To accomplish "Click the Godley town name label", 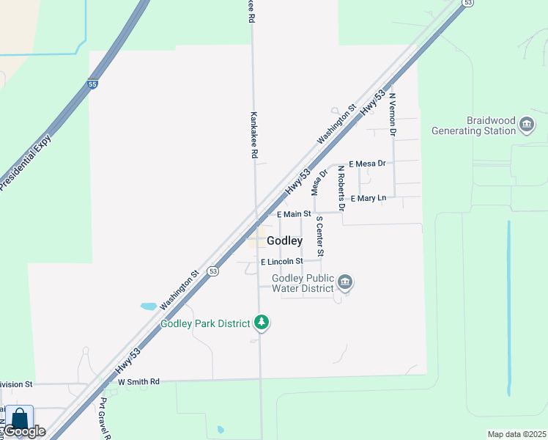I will [x=284, y=241].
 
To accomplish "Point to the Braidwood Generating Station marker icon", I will [x=526, y=125].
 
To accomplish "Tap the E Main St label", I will [x=294, y=214].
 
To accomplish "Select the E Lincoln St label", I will [x=282, y=261].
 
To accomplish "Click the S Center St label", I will [x=319, y=236].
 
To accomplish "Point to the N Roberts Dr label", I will [x=341, y=188].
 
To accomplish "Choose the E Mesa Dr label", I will [x=367, y=164].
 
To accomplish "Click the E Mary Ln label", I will [x=368, y=199].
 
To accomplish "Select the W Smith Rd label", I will [x=138, y=382].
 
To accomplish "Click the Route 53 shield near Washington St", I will [x=212, y=271].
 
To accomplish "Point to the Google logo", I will [x=25, y=431].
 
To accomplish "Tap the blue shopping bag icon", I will [x=19, y=419].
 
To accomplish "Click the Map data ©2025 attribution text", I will [x=516, y=434].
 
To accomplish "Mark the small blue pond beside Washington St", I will [x=148, y=306].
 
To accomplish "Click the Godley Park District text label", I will [x=206, y=323].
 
